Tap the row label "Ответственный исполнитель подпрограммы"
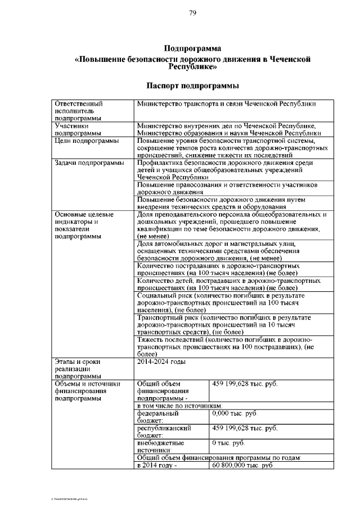[x=78, y=111]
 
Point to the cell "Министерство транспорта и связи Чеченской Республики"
[x=226, y=104]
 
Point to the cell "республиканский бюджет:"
[x=165, y=431]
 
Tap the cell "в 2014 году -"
[x=157, y=465]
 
